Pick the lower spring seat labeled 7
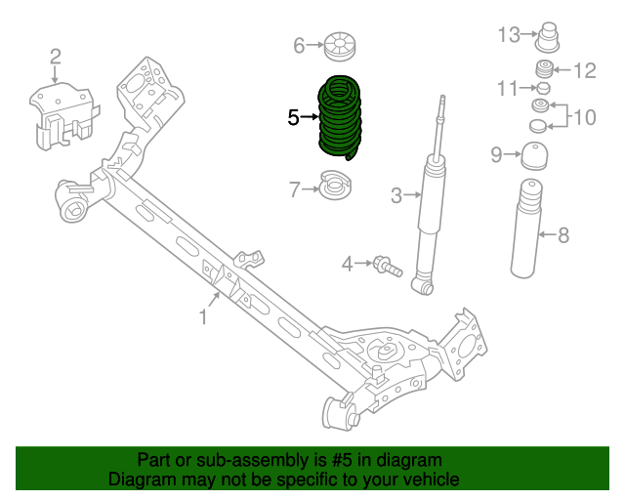click(x=338, y=186)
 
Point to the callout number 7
click(x=295, y=189)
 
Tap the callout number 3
click(x=396, y=195)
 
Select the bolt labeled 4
click(x=385, y=264)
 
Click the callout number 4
click(x=347, y=263)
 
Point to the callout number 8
click(x=563, y=234)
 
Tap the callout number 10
click(x=583, y=117)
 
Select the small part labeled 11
click(x=544, y=89)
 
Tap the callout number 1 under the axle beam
click(x=204, y=316)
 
